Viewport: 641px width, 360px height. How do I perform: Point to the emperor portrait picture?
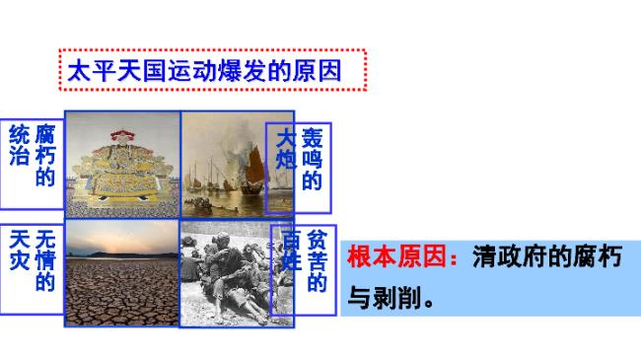pyautogui.click(x=122, y=163)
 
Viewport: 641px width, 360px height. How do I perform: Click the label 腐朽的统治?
pyautogui.click(x=31, y=157)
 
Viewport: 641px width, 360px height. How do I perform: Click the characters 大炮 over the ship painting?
pyautogui.click(x=286, y=148)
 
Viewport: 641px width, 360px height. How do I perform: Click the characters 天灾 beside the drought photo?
pyautogui.click(x=18, y=251)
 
